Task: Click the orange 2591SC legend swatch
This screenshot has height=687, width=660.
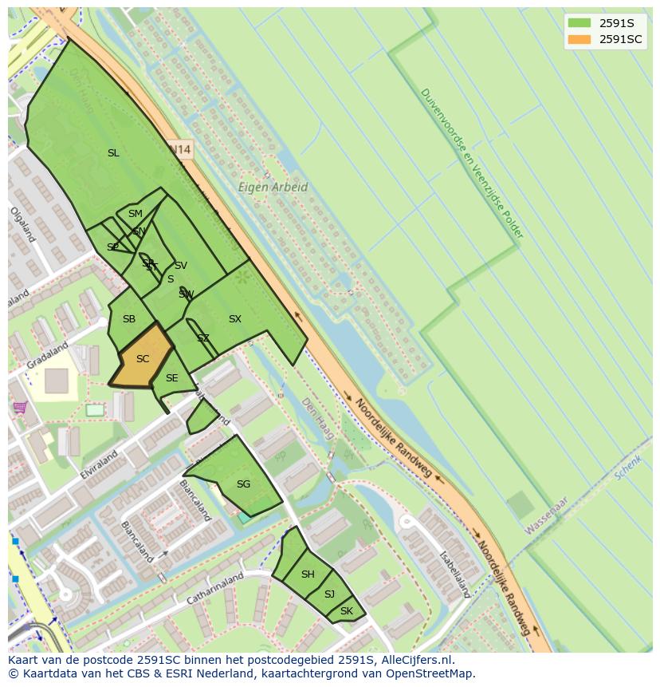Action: (579, 39)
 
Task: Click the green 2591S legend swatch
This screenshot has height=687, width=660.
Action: (579, 23)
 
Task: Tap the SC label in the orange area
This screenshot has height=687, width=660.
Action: (143, 359)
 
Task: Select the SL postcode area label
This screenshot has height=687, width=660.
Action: (113, 153)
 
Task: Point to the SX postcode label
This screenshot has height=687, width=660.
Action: (234, 319)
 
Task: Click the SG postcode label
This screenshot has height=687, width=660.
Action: (243, 484)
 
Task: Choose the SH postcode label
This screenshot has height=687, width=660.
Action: (308, 574)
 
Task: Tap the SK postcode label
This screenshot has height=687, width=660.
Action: (346, 612)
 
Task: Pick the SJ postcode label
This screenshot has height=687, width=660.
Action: (329, 594)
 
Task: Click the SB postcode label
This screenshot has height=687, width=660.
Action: (129, 319)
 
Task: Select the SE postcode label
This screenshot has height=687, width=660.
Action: (171, 378)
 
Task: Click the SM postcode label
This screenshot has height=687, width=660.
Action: (135, 214)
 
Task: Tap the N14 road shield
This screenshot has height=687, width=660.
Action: (181, 149)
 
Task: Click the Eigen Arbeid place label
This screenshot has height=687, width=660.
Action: (273, 188)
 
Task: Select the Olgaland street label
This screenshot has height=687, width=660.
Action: (22, 225)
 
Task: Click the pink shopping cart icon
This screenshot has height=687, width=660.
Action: (19, 408)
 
